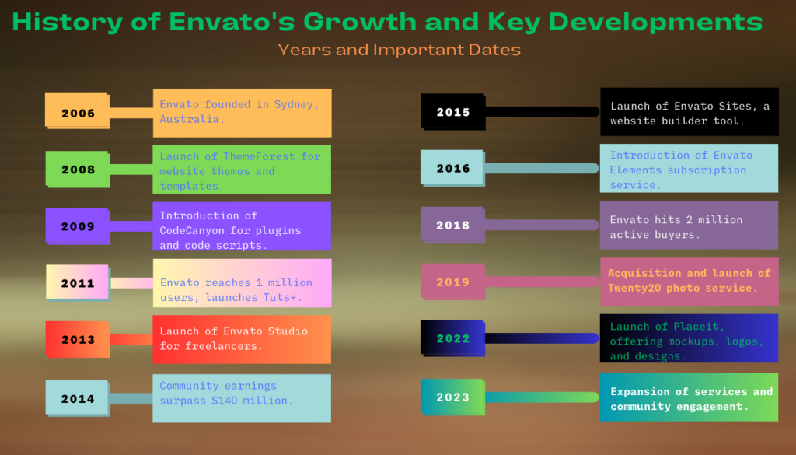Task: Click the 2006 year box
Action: click(x=77, y=110)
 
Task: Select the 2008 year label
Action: click(x=79, y=170)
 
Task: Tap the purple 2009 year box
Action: click(x=77, y=226)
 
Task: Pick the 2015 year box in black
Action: click(x=453, y=112)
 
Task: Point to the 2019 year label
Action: click(x=453, y=282)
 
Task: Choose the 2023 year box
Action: click(x=453, y=397)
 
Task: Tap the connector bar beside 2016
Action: click(x=542, y=168)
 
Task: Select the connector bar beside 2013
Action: click(x=131, y=339)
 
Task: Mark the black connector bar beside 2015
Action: click(x=542, y=112)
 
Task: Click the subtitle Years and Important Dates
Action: click(x=399, y=50)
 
